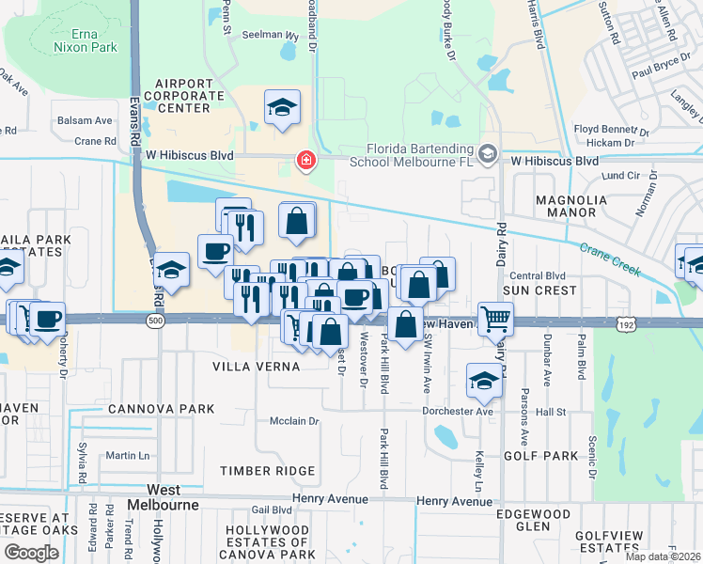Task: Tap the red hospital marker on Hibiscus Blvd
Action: point(305,162)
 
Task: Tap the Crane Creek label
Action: point(610,260)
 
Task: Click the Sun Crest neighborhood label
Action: point(539,290)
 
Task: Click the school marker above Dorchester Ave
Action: point(484,380)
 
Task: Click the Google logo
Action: point(31,553)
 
